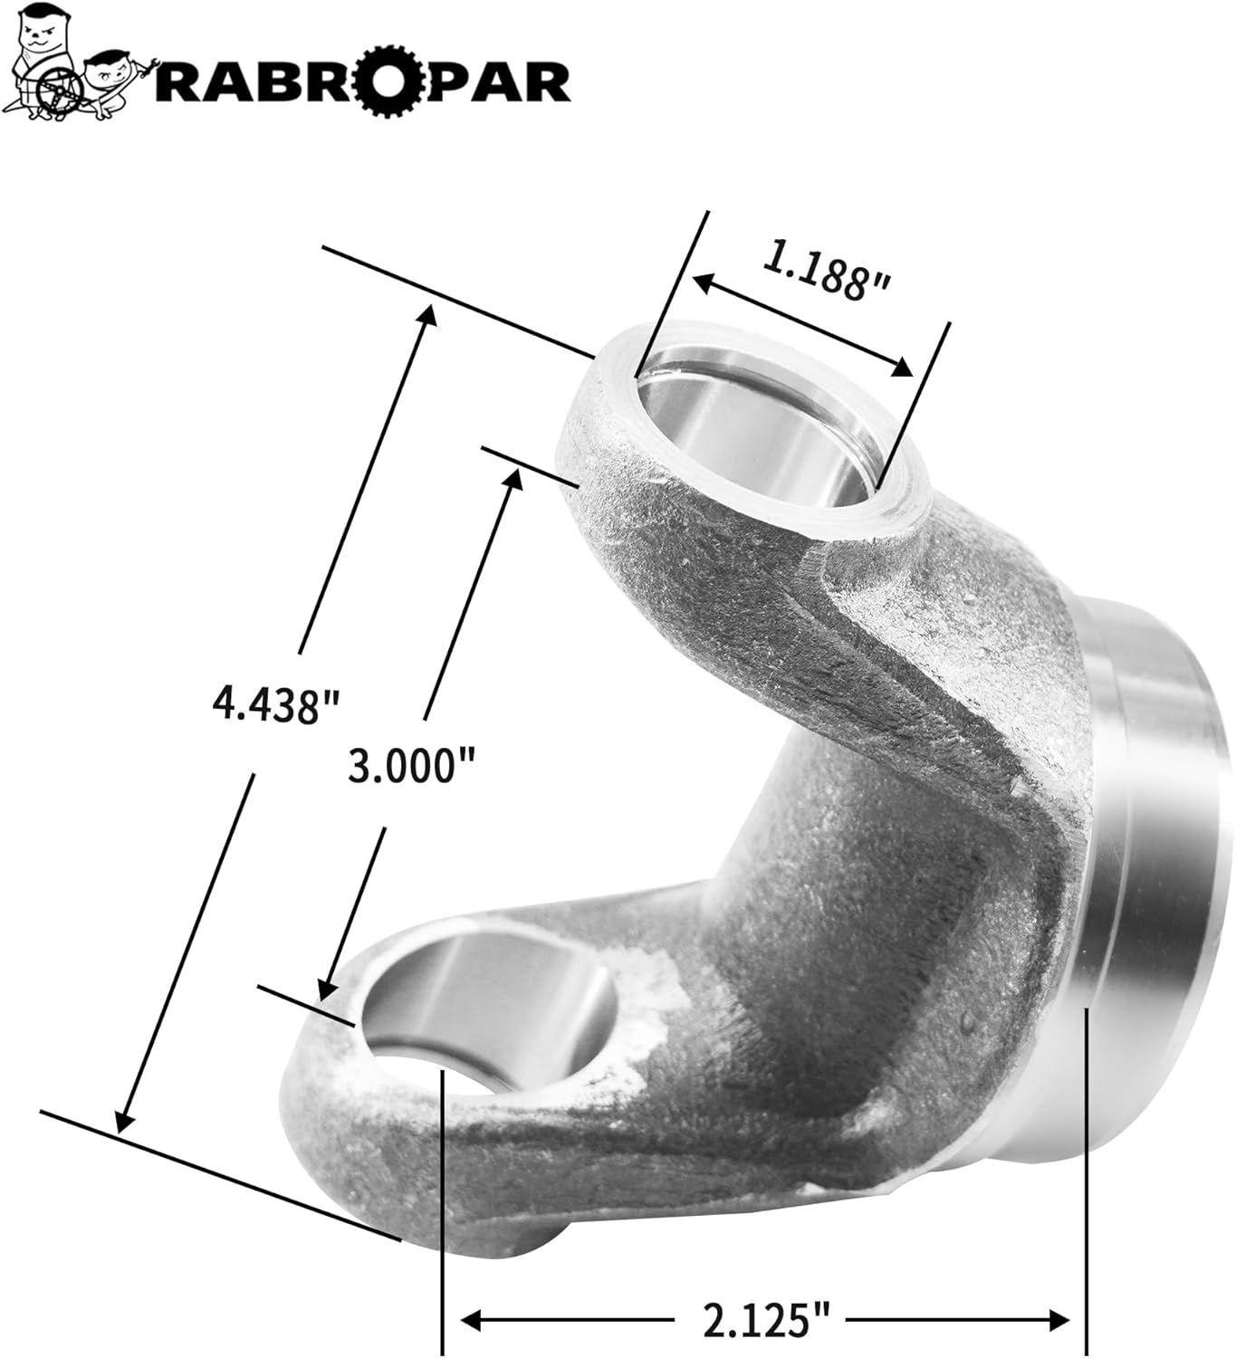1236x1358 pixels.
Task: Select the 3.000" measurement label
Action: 412,768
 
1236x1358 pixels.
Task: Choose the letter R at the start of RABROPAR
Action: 186,82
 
